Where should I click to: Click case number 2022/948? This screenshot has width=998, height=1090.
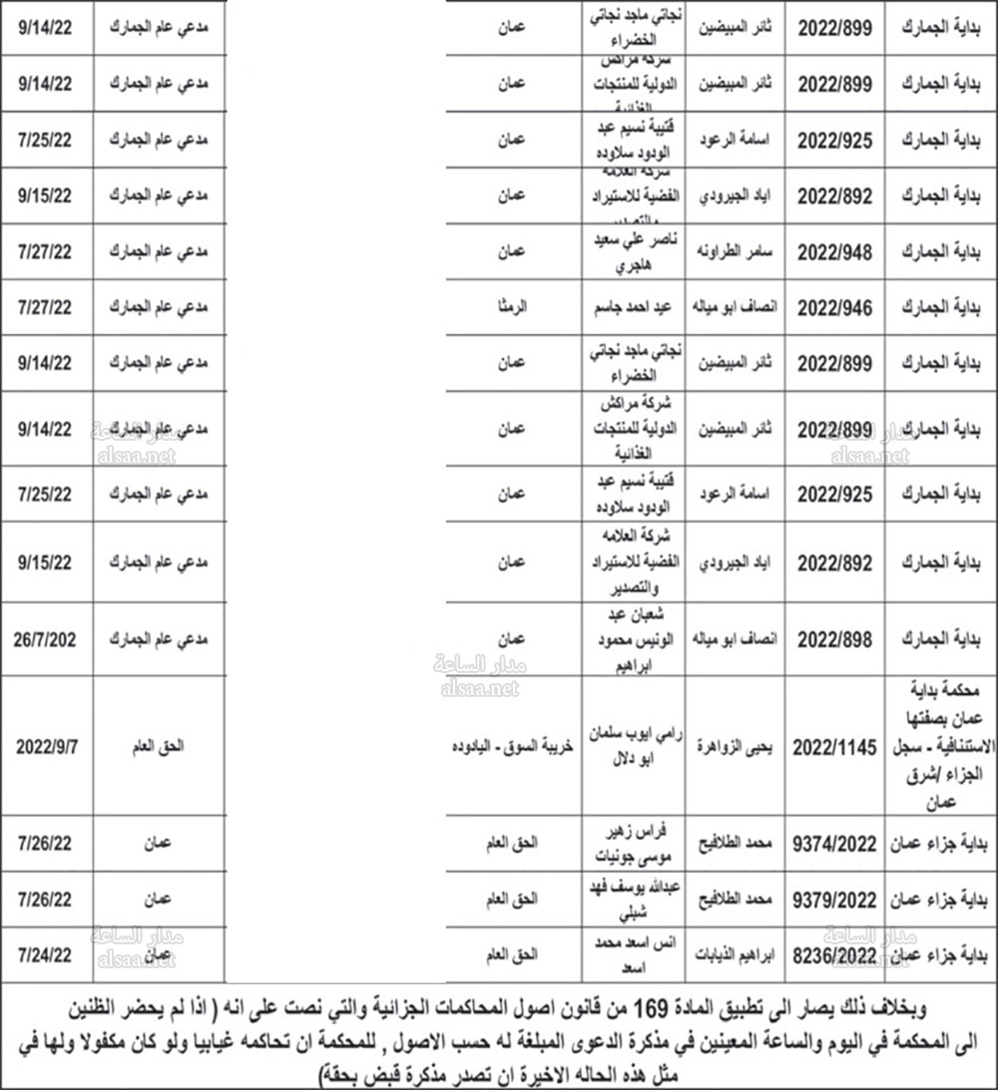(x=835, y=252)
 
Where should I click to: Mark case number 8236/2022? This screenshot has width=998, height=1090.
(x=835, y=953)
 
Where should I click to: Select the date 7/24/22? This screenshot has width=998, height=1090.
(x=45, y=953)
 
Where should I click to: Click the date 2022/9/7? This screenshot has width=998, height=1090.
(x=45, y=744)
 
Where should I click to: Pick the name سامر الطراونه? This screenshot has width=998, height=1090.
(x=740, y=253)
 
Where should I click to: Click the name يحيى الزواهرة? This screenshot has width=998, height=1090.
(x=740, y=744)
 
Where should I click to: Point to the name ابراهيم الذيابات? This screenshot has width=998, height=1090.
(x=738, y=953)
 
